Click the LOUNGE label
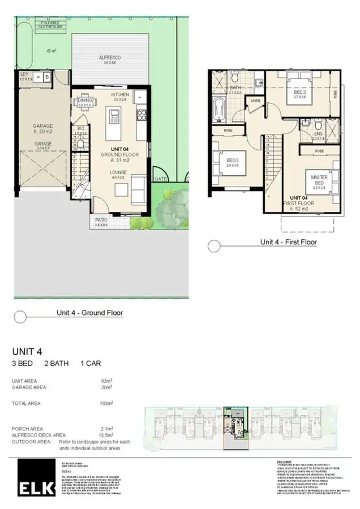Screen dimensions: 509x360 click(118, 172)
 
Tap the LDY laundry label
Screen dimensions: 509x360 click(24, 74)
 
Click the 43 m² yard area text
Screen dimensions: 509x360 click(51, 51)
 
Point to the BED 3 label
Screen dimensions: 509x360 click(299, 92)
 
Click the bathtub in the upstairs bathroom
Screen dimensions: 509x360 click(218, 109)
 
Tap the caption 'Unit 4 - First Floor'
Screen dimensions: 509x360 click(288, 242)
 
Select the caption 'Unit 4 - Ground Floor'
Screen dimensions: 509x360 click(89, 312)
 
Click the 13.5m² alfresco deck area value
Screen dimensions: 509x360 click(106, 435)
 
